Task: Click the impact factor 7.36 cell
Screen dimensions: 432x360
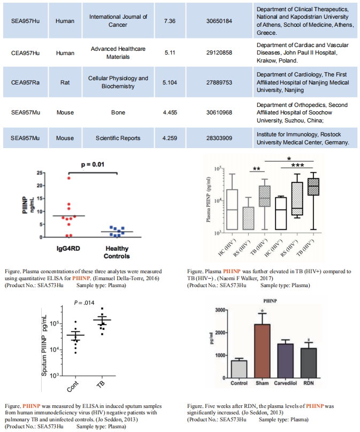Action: coord(170,20)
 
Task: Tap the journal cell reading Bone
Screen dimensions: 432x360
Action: coord(118,112)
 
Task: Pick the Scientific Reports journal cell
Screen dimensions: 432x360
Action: coord(118,138)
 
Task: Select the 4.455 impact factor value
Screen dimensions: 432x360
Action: coord(170,112)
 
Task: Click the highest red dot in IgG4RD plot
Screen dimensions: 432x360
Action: coord(69,178)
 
